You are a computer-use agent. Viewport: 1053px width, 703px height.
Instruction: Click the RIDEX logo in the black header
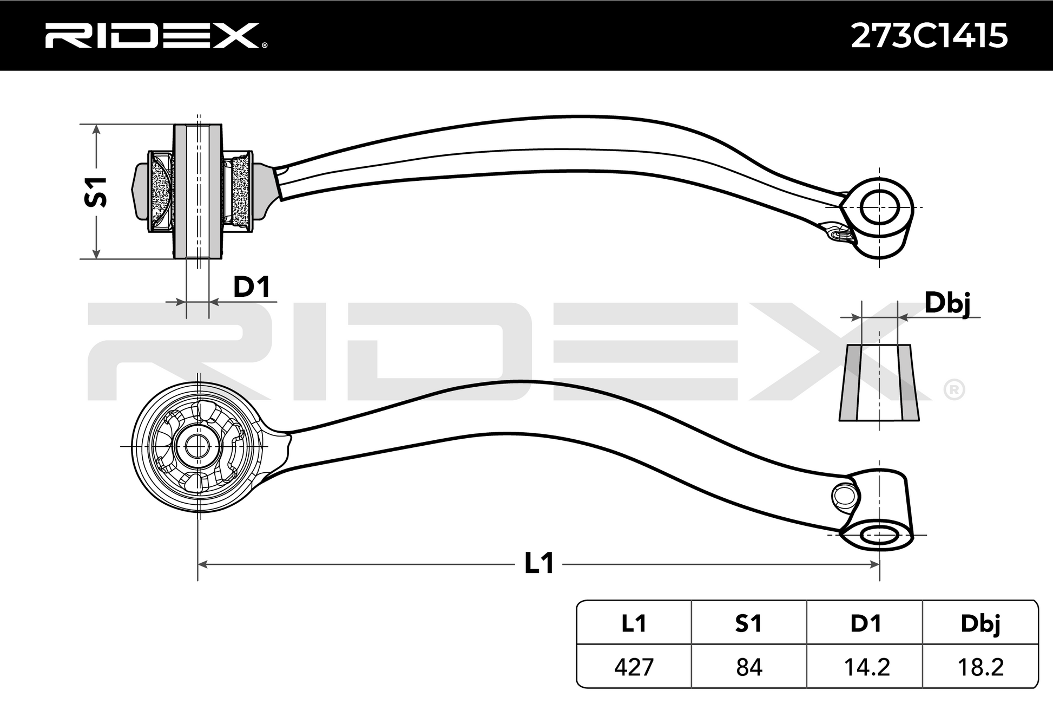click(x=155, y=36)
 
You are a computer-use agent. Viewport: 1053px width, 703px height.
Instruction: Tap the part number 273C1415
click(x=929, y=36)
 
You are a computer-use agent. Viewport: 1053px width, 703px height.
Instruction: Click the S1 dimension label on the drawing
click(x=96, y=192)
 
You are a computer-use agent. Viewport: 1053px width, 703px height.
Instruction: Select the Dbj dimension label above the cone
click(x=947, y=304)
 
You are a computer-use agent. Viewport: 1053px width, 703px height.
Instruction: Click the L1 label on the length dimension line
click(x=539, y=564)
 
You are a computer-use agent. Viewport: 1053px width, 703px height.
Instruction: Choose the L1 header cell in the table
click(x=634, y=624)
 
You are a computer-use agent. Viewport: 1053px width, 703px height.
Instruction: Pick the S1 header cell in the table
click(x=748, y=624)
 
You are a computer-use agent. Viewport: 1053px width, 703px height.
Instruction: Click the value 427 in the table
click(x=634, y=667)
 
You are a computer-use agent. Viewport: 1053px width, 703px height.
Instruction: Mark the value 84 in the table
click(x=749, y=667)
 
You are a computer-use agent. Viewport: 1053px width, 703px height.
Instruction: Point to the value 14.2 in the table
click(x=866, y=667)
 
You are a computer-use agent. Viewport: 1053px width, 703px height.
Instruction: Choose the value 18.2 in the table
click(x=980, y=667)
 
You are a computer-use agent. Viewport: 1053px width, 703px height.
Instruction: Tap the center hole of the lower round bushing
click(x=197, y=446)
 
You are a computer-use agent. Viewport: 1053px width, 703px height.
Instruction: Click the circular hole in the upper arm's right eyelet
click(x=879, y=208)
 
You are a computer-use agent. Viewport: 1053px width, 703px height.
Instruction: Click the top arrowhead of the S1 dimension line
click(x=96, y=129)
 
